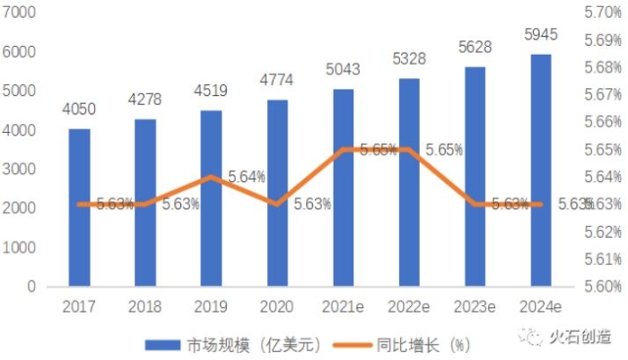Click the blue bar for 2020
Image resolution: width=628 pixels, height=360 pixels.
click(x=276, y=193)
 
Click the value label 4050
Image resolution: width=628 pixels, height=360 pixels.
click(x=79, y=110)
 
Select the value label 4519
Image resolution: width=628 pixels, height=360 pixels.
click(x=211, y=91)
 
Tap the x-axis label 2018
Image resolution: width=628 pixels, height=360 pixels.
click(x=145, y=307)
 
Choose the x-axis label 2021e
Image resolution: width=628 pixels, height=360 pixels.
click(x=344, y=307)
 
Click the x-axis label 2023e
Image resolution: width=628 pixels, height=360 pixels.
click(x=475, y=307)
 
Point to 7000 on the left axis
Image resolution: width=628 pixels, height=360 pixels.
click(x=19, y=13)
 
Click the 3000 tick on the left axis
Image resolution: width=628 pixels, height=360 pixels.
click(x=19, y=170)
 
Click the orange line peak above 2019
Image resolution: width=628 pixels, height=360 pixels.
click(x=211, y=177)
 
